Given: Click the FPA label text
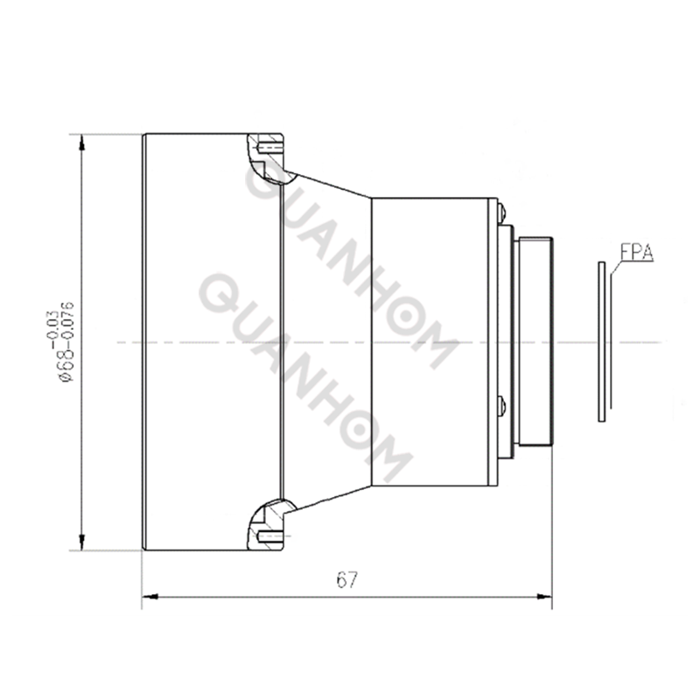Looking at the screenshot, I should (x=637, y=253).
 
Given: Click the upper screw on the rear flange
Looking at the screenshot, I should (x=500, y=211).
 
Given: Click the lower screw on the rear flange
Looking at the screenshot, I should (x=500, y=404).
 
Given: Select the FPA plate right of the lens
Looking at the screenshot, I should (x=601, y=341).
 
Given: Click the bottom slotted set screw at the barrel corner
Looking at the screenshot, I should (x=269, y=535).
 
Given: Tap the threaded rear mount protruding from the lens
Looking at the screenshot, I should (x=534, y=341).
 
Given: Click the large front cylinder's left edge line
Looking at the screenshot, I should (x=143, y=341).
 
